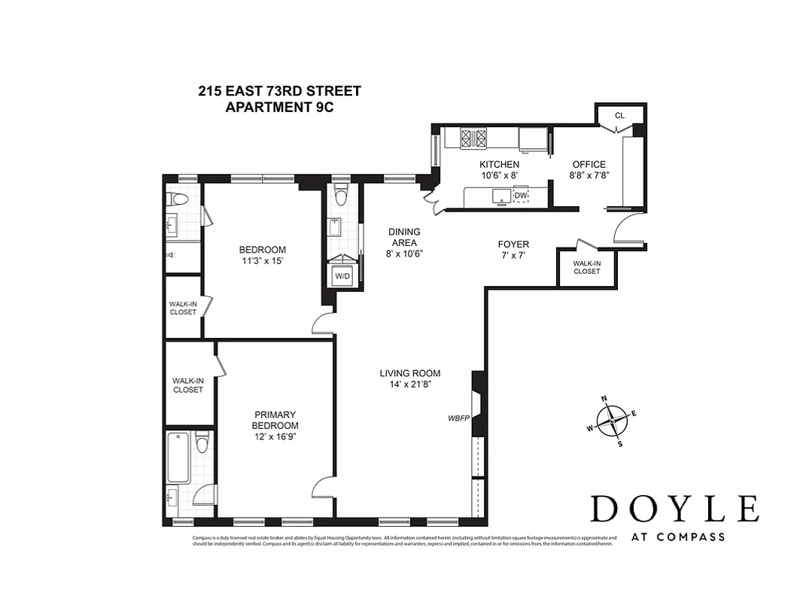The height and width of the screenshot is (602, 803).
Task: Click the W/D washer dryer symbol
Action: click(342, 275)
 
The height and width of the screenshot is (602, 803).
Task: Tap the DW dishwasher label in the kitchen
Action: click(521, 196)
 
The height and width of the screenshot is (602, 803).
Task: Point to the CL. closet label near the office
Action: click(620, 115)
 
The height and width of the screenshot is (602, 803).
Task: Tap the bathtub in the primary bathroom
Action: click(178, 458)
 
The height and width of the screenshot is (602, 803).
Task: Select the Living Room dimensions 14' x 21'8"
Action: click(409, 385)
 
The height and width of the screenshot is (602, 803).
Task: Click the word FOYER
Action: click(513, 245)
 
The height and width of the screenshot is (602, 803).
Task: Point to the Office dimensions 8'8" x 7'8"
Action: click(589, 175)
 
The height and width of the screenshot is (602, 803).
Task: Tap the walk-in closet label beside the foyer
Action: click(586, 267)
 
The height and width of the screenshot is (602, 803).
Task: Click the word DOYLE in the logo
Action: click(674, 509)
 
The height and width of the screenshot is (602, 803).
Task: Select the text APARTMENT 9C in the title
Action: click(279, 107)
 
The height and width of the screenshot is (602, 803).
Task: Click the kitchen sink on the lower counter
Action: click(500, 196)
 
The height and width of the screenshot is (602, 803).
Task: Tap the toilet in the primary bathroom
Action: click(202, 443)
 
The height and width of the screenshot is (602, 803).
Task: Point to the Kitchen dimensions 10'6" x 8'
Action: click(499, 175)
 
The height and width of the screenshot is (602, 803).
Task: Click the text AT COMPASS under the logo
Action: click(674, 537)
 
